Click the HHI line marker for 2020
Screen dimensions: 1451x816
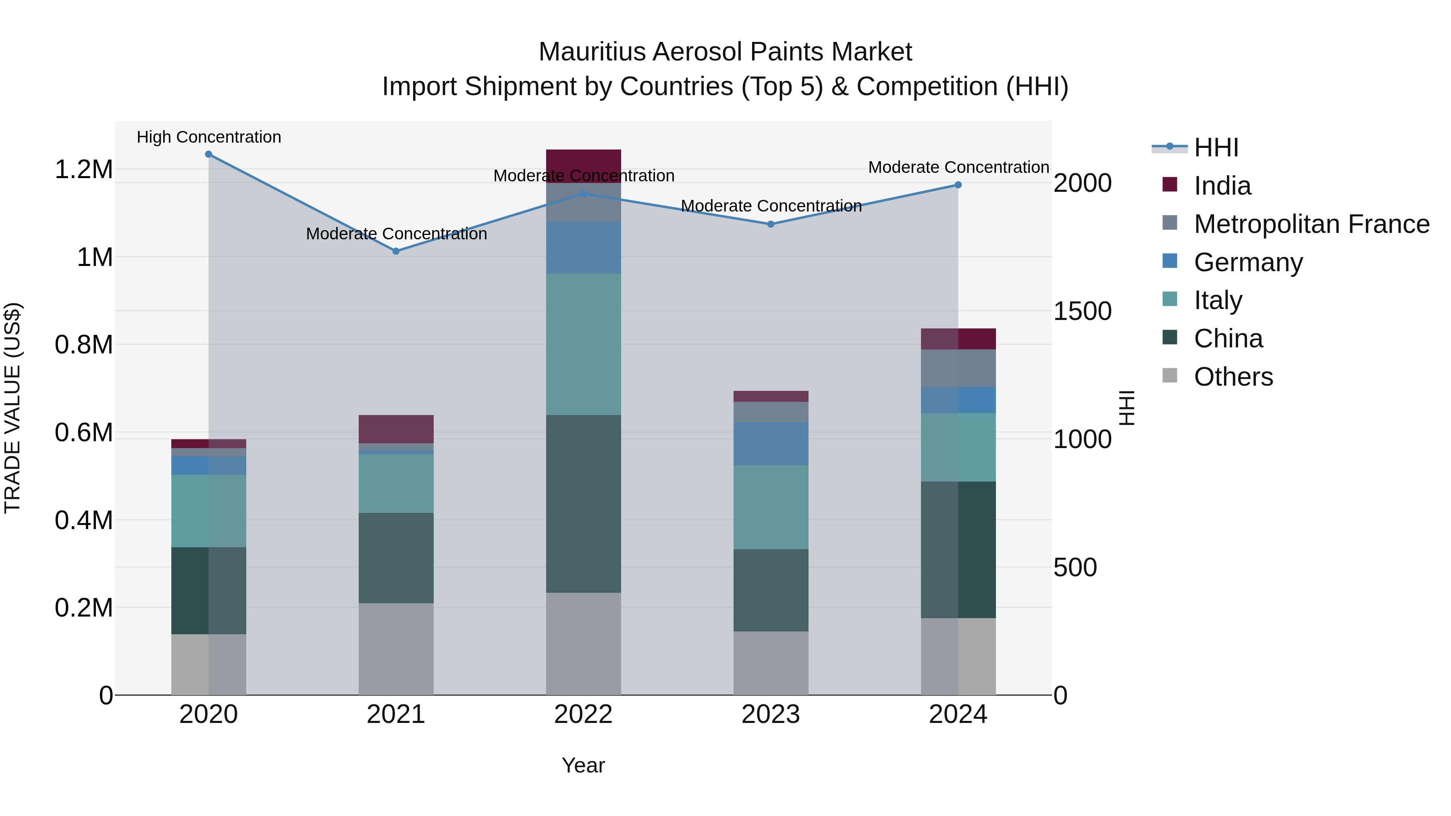[x=208, y=154]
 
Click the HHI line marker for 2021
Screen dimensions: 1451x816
[x=396, y=251]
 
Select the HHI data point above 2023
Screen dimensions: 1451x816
[x=771, y=224]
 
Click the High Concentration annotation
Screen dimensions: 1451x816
[x=208, y=137]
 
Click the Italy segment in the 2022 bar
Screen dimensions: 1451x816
[x=584, y=344]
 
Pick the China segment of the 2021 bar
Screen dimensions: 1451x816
[x=396, y=558]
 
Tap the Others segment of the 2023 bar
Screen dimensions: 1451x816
[x=771, y=663]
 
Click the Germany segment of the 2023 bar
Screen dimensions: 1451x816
[x=771, y=444]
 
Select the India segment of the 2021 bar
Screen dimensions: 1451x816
[x=396, y=429]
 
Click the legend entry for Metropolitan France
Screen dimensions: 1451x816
[x=1311, y=224]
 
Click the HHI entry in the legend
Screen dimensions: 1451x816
[x=1216, y=147]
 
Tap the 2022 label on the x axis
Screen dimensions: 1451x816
[x=584, y=714]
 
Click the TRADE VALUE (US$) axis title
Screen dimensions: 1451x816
[x=12, y=408]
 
